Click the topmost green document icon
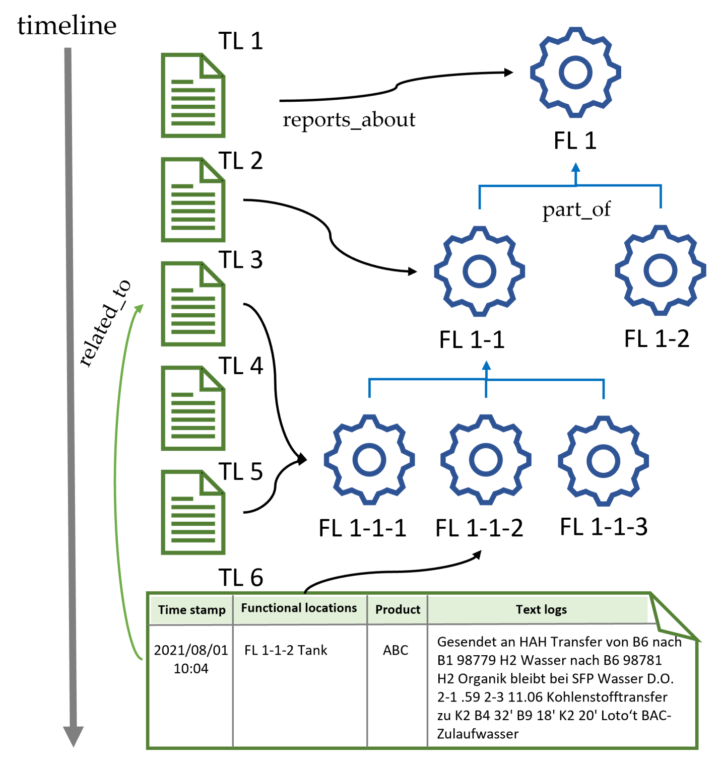pos(193,95)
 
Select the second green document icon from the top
pos(193,199)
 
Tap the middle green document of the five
pos(193,304)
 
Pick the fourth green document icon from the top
pos(193,408)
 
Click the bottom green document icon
pos(193,512)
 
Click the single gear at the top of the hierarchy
pos(575,73)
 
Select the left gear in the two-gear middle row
pos(480,271)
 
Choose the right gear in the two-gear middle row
pos(660,270)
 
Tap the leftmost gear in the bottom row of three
pos(369,459)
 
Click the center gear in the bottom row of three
pos(486,459)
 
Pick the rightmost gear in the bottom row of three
pos(603,461)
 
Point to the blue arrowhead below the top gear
pos(575,167)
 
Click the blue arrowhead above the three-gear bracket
pos(486,366)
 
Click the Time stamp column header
pos(191,610)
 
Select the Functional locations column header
pos(299,608)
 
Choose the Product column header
pos(398,610)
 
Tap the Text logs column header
pos(541,610)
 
